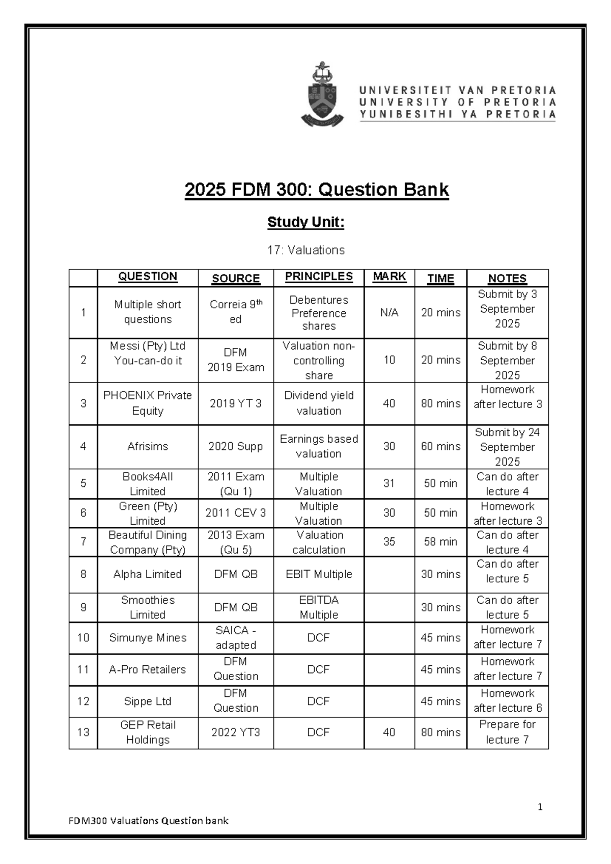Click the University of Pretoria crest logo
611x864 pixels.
(x=322, y=94)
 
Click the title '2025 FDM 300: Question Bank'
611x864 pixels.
(x=317, y=190)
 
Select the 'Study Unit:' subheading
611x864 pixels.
(x=306, y=222)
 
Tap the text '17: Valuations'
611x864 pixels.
(x=306, y=250)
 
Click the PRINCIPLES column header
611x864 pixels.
(x=319, y=277)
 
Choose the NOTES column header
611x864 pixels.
(x=507, y=278)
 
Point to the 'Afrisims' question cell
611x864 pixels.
(x=148, y=446)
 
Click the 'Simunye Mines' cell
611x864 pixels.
(x=148, y=638)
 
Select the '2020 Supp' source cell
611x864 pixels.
(x=236, y=446)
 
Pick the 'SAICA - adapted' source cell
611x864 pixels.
(x=236, y=638)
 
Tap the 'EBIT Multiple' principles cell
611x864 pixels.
(x=319, y=574)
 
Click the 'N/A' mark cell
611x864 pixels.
(x=390, y=313)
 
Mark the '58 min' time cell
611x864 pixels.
(x=440, y=542)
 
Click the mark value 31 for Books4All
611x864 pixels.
(x=390, y=483)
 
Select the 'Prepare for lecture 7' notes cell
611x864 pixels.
(x=507, y=732)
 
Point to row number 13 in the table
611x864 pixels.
(x=83, y=733)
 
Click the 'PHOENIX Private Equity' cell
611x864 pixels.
(x=148, y=403)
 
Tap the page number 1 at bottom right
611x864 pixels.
(x=540, y=807)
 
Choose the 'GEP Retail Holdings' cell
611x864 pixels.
(x=148, y=732)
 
